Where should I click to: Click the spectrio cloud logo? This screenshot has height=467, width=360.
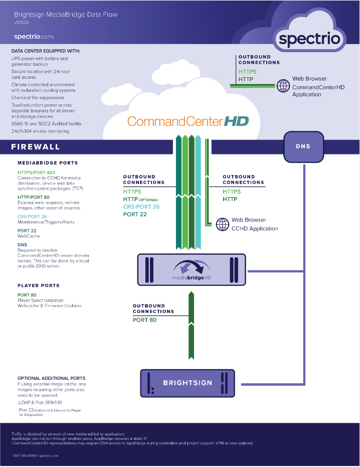(x=309, y=36)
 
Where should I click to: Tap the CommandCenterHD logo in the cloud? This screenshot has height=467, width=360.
(x=188, y=121)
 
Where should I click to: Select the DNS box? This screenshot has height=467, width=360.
(x=303, y=146)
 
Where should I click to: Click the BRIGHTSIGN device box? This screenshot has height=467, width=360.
(x=188, y=383)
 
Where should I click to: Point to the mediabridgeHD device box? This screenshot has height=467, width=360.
(x=192, y=270)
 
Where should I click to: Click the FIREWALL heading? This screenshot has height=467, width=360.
(x=36, y=147)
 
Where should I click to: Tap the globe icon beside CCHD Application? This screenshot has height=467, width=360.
(x=222, y=224)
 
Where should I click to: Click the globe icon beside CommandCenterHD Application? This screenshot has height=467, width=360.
(x=283, y=86)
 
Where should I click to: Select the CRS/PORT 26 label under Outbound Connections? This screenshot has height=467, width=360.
(x=141, y=207)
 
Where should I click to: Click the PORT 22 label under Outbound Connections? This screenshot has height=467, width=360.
(x=134, y=214)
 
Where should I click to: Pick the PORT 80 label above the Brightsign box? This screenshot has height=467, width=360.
(x=145, y=320)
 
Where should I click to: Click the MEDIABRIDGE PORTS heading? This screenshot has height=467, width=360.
(x=48, y=163)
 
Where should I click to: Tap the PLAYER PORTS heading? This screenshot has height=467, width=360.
(x=39, y=285)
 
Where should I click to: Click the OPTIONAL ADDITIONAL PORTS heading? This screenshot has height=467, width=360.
(x=51, y=378)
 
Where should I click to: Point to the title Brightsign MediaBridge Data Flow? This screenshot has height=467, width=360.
(x=66, y=15)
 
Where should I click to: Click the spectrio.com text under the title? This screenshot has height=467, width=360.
(x=34, y=37)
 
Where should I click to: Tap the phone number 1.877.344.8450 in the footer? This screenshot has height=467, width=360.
(x=24, y=455)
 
